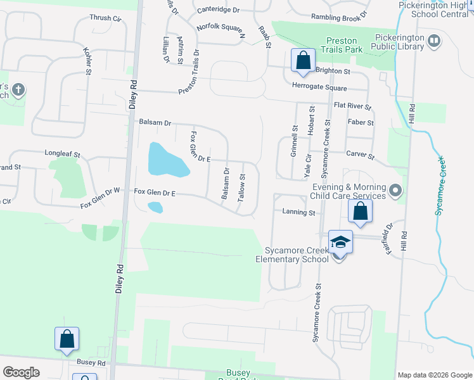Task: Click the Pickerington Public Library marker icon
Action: [x=434, y=42]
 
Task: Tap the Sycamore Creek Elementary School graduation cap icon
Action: [x=340, y=243]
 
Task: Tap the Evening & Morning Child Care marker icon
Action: [x=396, y=190]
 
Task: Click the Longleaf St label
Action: [x=62, y=153]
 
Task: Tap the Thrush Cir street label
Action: [x=105, y=19]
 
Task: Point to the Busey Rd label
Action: [x=91, y=363]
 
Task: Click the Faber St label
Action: [x=361, y=122]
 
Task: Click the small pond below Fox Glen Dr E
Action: [x=155, y=207]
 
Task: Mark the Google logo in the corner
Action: [x=21, y=372]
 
